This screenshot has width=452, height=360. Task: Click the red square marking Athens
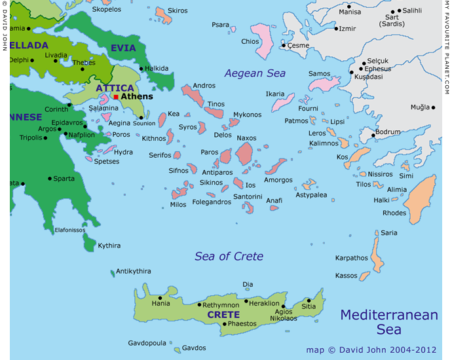(x=116, y=97)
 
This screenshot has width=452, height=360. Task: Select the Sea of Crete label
(x=229, y=256)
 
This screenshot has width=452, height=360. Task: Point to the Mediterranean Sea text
(x=388, y=321)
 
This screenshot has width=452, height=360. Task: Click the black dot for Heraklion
(x=246, y=302)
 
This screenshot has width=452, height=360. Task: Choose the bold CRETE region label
(x=223, y=315)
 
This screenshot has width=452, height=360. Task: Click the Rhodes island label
(x=394, y=213)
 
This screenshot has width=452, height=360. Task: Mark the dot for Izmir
(x=336, y=29)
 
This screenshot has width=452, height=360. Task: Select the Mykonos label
(x=247, y=115)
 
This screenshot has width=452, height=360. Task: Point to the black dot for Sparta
(x=50, y=179)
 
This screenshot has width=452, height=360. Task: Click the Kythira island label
(x=109, y=245)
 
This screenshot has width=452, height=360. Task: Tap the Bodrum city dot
(x=374, y=136)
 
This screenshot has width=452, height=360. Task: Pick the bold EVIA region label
(x=123, y=48)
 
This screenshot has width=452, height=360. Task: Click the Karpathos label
(x=352, y=258)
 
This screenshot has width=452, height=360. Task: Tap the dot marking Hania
(x=160, y=298)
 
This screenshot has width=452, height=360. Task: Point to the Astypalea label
(x=311, y=195)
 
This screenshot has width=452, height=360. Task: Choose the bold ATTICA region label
(x=115, y=88)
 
